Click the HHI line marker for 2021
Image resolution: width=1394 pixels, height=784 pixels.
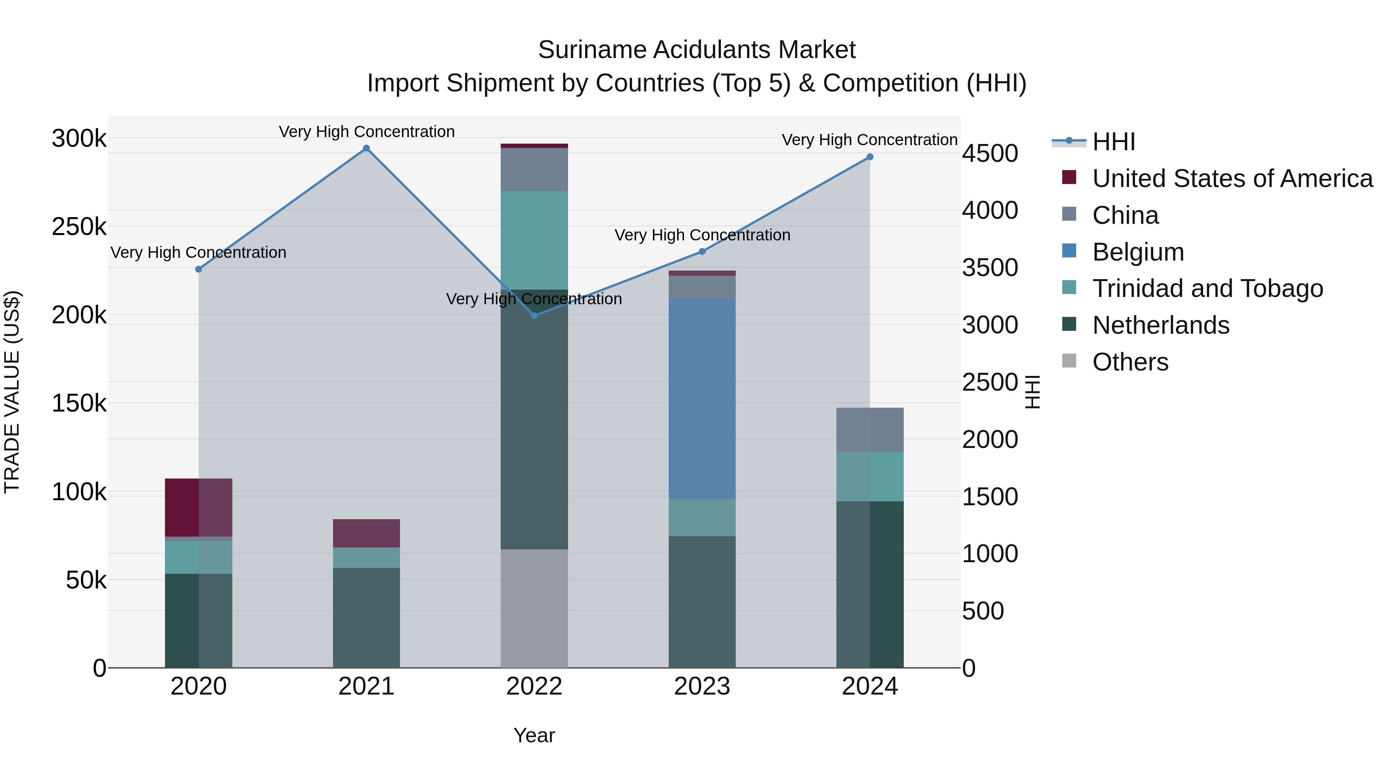point(366,148)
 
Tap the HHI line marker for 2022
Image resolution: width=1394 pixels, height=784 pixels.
point(534,316)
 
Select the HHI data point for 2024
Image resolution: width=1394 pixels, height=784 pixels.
point(870,157)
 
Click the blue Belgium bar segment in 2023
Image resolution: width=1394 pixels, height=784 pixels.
point(702,399)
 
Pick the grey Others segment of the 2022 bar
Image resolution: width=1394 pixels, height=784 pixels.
point(534,608)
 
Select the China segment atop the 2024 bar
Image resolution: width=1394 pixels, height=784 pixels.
point(870,430)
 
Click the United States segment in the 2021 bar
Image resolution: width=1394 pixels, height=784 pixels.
point(366,533)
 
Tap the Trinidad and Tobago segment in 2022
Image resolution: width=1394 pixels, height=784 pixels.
point(534,240)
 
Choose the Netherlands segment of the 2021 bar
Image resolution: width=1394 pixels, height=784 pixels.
point(366,618)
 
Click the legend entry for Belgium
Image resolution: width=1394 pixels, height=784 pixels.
point(1138,252)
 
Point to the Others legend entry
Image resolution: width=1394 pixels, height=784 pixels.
point(1130,362)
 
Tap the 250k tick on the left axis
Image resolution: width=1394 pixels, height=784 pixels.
point(79,227)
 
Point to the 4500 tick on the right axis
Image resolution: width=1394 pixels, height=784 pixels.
point(989,153)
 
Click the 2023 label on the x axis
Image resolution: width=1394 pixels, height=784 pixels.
point(702,686)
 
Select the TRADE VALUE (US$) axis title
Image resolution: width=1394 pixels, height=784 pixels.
point(12,392)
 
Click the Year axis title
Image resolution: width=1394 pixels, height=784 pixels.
point(534,735)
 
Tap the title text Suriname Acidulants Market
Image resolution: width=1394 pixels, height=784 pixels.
point(697,50)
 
